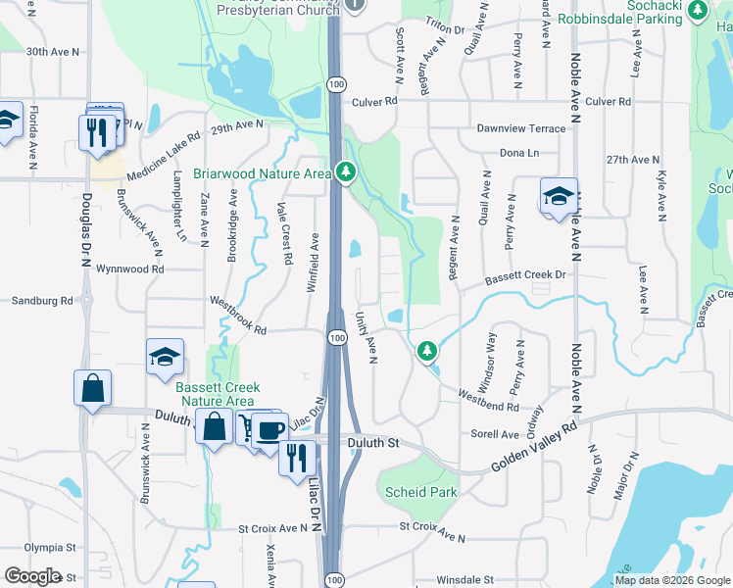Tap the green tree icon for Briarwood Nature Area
[345, 172]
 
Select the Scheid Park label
[421, 492]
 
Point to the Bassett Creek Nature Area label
[215, 394]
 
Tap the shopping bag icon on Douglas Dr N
[91, 387]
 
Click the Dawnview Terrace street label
[520, 128]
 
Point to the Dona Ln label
[519, 153]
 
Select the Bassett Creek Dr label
[524, 276]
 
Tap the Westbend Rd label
[502, 400]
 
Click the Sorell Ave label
[496, 433]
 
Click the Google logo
[32, 576]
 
